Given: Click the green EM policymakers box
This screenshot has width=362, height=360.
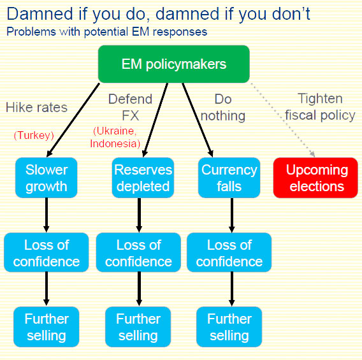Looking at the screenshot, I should [173, 64].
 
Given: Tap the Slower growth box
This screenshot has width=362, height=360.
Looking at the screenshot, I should [46, 178].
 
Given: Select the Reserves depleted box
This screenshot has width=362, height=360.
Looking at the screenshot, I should [142, 178].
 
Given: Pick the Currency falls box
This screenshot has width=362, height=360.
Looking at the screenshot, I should [229, 178].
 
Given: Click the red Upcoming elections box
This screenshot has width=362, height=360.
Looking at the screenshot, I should [316, 178].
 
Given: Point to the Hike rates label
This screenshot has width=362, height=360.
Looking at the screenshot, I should [36, 107].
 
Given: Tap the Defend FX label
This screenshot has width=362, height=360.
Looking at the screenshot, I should [130, 107].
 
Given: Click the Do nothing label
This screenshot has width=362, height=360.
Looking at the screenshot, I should [222, 107].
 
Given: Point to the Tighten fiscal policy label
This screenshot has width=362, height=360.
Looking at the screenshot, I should [320, 106].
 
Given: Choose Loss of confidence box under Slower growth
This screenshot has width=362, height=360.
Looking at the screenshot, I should [46, 253].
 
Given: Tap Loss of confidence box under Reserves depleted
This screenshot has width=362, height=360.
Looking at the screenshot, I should [138, 253].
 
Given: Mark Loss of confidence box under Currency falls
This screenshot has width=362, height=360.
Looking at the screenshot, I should [229, 253].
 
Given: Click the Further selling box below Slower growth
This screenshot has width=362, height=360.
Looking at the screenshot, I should [46, 327].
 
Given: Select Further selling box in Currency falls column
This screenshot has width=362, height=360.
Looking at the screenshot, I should [229, 327].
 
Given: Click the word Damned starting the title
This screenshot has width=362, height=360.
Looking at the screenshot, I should [36, 13].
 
